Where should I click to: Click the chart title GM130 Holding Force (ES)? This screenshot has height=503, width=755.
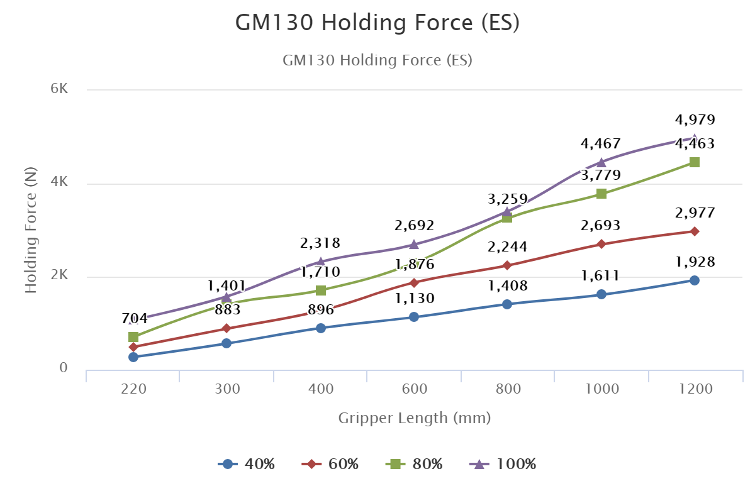point(377,23)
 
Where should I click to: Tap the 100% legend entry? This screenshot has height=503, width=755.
point(503,465)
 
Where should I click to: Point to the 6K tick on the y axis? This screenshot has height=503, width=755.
point(60,89)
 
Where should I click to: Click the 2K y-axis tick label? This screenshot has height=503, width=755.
point(60,275)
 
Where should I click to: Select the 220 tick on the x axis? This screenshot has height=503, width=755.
point(133,389)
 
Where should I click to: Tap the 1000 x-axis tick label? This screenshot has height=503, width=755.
point(602,389)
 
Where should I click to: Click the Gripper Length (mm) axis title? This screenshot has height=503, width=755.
point(414,418)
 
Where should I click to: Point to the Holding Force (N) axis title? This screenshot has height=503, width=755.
point(31,230)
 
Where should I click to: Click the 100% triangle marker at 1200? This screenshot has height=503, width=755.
point(695,138)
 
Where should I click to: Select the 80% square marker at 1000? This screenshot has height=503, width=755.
point(601,194)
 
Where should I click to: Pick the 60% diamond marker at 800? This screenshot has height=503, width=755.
point(507,265)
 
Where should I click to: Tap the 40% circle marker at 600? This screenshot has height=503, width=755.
point(414,317)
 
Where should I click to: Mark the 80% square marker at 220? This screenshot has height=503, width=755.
point(133,337)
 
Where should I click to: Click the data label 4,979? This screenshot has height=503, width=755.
point(695,120)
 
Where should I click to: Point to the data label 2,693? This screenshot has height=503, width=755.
point(601,226)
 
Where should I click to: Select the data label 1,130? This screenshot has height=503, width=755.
point(414,299)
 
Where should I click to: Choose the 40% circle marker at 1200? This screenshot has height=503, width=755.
point(695,280)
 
